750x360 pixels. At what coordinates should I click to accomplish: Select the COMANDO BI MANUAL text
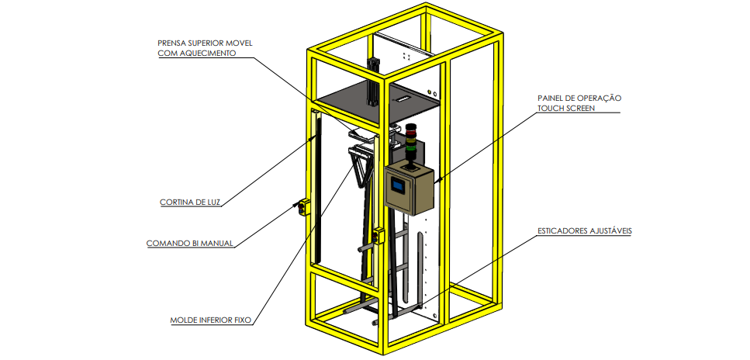coord(189,244)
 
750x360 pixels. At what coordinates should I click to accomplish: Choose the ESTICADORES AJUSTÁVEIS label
coord(583,230)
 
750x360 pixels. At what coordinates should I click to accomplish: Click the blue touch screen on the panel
coord(399,186)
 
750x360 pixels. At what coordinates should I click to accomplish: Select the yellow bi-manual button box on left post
coord(303,207)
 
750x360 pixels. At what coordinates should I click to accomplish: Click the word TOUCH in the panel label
coord(553,109)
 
